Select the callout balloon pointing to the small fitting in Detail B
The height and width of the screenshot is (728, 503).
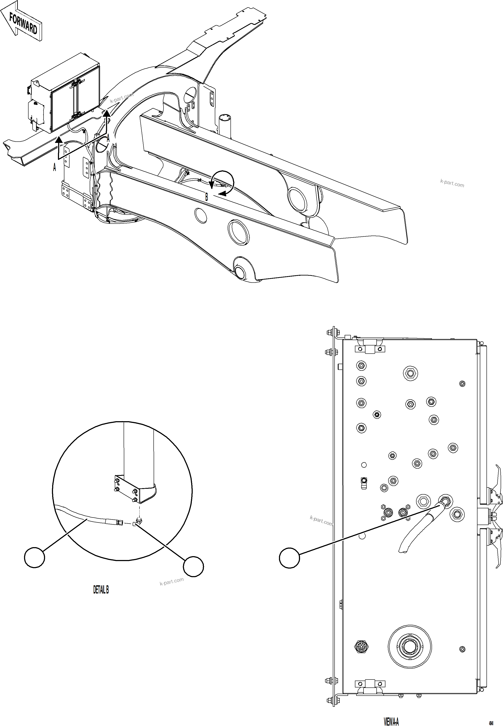pos(193,566)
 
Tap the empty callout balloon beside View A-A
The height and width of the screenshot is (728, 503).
pos(289,558)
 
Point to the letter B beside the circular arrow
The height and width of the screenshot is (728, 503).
pos(207,197)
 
